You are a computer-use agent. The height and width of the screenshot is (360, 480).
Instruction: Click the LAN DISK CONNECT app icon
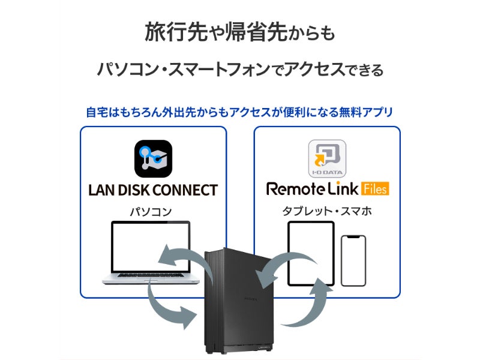(x=153, y=159)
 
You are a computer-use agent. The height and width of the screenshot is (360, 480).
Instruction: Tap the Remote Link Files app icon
(x=327, y=159)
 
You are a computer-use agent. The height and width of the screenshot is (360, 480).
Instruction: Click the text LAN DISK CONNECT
(x=153, y=191)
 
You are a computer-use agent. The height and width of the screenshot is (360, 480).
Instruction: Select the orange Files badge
(x=375, y=189)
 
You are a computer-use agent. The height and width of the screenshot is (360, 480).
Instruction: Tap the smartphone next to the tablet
(x=353, y=260)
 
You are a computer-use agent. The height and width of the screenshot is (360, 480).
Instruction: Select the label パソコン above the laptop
(x=151, y=212)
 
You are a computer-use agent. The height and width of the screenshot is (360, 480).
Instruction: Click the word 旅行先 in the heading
(x=172, y=32)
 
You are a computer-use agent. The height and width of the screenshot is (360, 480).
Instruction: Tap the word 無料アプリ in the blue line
(x=365, y=112)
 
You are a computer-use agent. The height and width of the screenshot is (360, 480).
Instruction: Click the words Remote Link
(x=312, y=189)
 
